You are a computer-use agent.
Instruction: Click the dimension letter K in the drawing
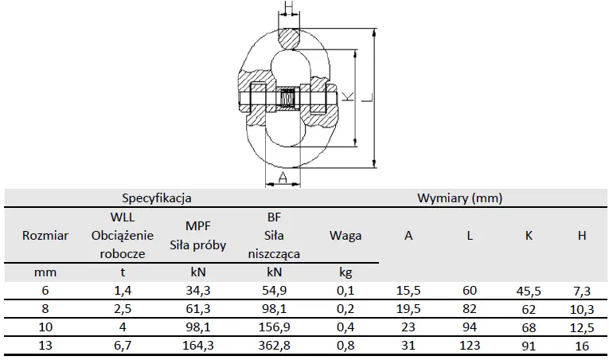coord(349,96)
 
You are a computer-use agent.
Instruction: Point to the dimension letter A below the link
coord(283,178)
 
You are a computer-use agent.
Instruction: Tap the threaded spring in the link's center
coord(288,100)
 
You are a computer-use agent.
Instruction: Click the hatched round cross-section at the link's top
coord(289,39)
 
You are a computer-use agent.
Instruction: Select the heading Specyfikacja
coord(157,198)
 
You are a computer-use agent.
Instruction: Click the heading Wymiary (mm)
coord(460,198)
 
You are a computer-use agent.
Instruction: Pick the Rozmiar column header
coord(45,235)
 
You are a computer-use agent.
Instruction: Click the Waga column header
coord(345,235)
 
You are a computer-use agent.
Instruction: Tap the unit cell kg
coord(345,272)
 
